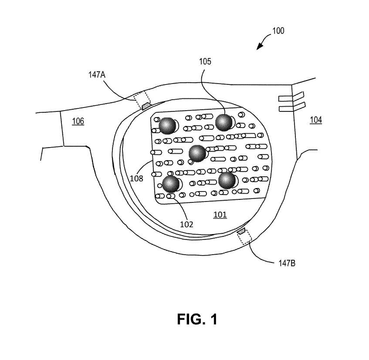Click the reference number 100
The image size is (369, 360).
click(278, 31)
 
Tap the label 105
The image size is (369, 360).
click(206, 61)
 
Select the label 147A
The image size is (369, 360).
click(97, 74)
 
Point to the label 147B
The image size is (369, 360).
click(288, 263)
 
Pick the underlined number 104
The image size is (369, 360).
click(316, 120)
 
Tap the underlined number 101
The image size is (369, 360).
click(220, 214)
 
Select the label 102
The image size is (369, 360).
click(187, 225)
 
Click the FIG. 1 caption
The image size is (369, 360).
click(197, 319)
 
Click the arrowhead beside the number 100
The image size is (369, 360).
click(260, 45)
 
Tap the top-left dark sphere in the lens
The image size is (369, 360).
click(167, 126)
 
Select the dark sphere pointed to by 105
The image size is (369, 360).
click(224, 123)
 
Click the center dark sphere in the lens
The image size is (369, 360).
click(197, 153)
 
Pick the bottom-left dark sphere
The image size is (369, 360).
click(170, 184)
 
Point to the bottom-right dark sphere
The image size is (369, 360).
click(227, 180)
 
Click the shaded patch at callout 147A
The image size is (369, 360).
click(146, 105)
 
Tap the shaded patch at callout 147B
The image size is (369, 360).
click(240, 232)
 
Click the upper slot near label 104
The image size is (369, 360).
click(292, 97)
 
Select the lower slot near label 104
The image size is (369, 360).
click(292, 106)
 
